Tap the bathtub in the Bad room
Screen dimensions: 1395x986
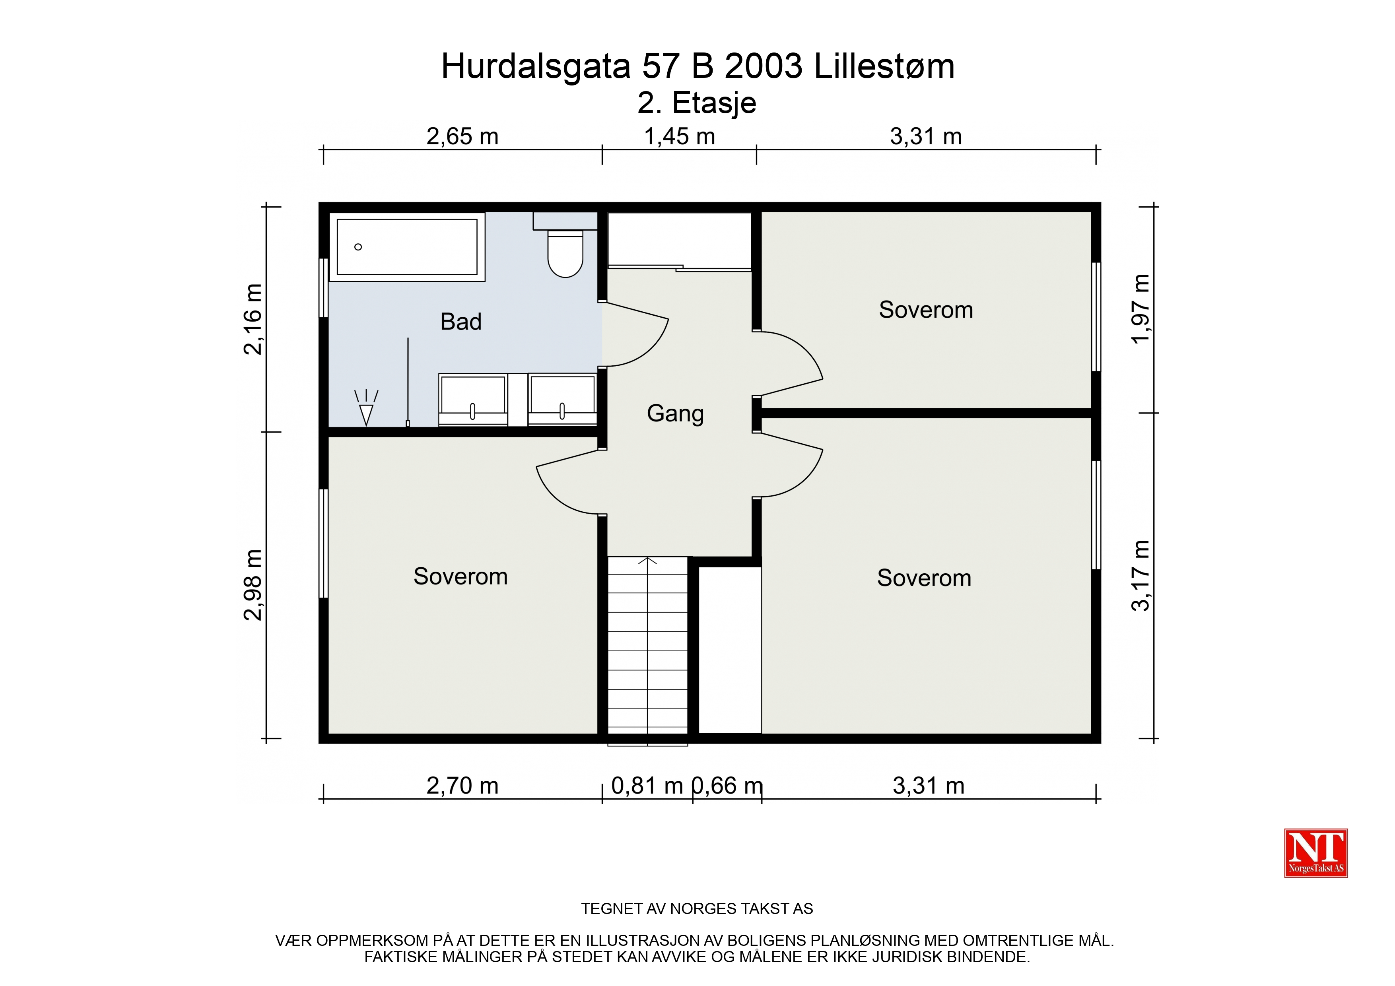[x=407, y=246]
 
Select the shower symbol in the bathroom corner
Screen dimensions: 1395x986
[x=366, y=407]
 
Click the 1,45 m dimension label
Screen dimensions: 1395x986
[x=679, y=137]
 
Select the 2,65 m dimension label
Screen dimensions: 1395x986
[x=462, y=137]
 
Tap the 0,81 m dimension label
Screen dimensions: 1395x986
[x=647, y=786]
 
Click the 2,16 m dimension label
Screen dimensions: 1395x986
[x=253, y=319]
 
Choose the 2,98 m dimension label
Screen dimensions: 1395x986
[x=253, y=584]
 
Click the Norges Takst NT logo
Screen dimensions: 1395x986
[x=1316, y=853]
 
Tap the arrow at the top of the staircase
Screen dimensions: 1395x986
[x=648, y=560]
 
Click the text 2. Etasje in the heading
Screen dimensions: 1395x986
[x=697, y=103]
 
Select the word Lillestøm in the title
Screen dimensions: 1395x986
[x=884, y=66]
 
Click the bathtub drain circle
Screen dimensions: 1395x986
[x=358, y=246]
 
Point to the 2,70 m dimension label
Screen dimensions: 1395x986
[x=462, y=786]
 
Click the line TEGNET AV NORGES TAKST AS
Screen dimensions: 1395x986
[x=697, y=909]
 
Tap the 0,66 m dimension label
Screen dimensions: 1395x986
[x=728, y=786]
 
